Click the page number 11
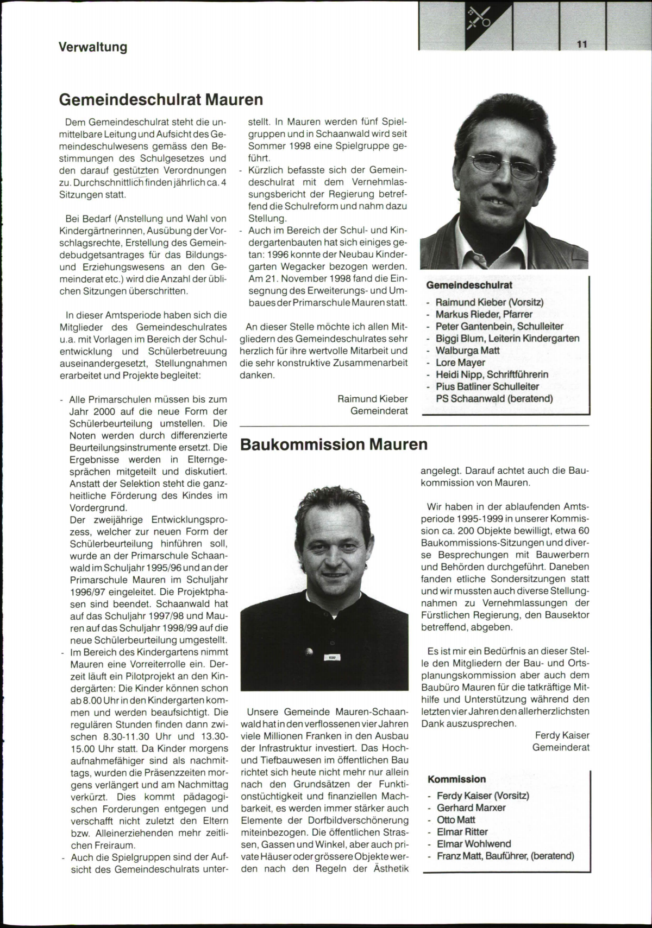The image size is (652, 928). tap(582, 45)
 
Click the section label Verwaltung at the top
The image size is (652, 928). tap(93, 47)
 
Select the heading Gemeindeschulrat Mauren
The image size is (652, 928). tap(161, 100)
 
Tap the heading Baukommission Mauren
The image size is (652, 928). tap(334, 444)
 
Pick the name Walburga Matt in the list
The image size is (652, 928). tap(467, 350)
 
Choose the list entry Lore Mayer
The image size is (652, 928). tap(460, 363)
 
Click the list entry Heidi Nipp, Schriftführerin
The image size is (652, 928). tap(492, 374)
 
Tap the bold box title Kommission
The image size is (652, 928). tap(456, 779)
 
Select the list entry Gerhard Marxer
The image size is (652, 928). tap(471, 808)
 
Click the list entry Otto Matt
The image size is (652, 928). tap(456, 819)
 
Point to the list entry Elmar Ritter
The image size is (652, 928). tap(462, 832)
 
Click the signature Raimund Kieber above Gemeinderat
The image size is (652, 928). tap(372, 399)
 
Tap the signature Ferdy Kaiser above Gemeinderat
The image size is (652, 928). tap(562, 735)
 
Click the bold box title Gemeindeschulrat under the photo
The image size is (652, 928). tap(469, 285)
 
